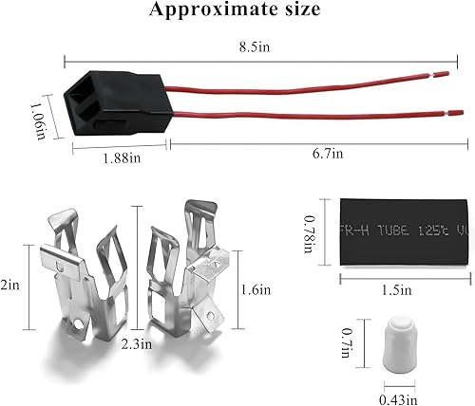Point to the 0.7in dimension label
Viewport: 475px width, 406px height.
[x=354, y=338]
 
